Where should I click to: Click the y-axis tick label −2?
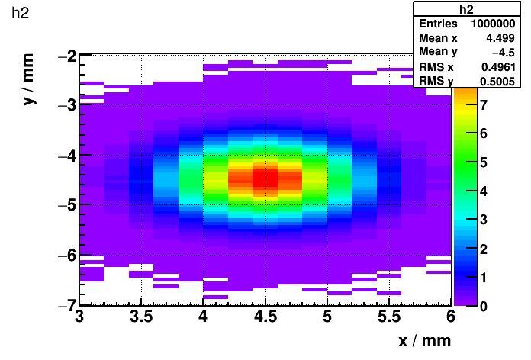coord(66,56)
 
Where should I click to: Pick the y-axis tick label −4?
coord(66,156)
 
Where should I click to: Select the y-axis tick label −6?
coord(66,255)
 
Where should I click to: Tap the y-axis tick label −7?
coord(66,304)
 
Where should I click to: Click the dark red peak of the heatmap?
coord(265,180)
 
